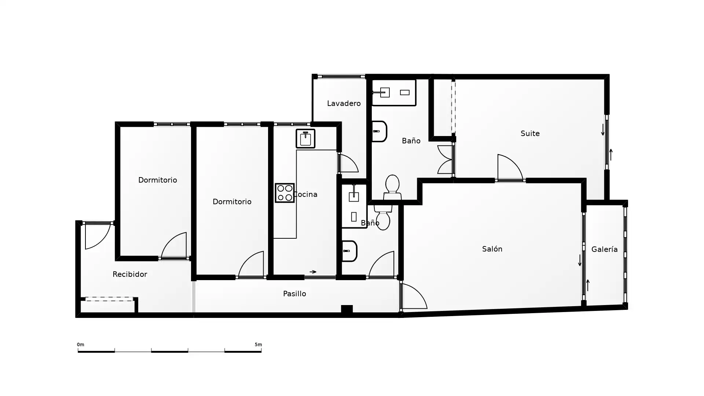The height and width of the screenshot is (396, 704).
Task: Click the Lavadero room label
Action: [344, 103]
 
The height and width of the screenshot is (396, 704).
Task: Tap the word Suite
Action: [530, 133]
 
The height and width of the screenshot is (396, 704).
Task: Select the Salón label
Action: [492, 249]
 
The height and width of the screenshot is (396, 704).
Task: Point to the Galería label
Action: [604, 249]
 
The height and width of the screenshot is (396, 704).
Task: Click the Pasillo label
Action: [294, 294]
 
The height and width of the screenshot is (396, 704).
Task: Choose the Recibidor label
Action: [130, 274]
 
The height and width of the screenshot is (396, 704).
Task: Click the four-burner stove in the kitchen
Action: [285, 193]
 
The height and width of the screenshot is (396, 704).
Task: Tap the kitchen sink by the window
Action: [305, 139]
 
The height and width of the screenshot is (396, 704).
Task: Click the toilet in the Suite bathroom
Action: [392, 187]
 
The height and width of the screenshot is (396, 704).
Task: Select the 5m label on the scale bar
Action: [258, 345]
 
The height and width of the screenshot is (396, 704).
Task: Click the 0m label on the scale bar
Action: [80, 345]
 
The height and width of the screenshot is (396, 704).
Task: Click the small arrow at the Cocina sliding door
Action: [313, 272]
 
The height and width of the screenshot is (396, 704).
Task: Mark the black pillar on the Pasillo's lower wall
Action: [346, 309]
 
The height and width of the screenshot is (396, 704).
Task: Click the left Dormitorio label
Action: [157, 180]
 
